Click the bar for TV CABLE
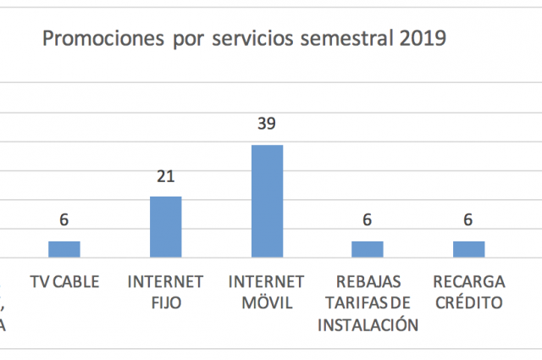click(64, 249)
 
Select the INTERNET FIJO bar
click(166, 227)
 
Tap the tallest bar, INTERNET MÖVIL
click(267, 202)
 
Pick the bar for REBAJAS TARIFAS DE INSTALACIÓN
click(368, 249)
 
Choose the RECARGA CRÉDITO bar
click(468, 249)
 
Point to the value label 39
click(267, 124)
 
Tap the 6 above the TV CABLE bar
click(64, 220)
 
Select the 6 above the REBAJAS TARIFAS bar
click(368, 220)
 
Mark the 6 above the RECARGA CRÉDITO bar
click(468, 220)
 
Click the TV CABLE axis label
click(64, 281)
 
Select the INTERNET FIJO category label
click(166, 292)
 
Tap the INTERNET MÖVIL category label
click(267, 292)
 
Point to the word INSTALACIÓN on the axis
click(368, 324)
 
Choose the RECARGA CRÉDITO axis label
click(468, 292)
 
